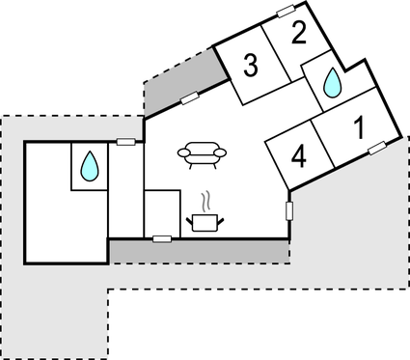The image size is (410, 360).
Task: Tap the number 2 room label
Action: click(x=298, y=34)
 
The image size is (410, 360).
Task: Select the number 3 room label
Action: click(x=251, y=67)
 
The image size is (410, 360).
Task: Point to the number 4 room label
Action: click(x=298, y=157)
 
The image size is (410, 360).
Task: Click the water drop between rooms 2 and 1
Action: click(x=331, y=83)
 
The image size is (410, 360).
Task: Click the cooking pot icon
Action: click(x=205, y=223)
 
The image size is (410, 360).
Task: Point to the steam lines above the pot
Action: click(x=205, y=200)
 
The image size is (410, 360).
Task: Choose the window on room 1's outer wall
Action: click(x=376, y=148)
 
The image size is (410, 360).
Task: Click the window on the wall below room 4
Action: click(x=289, y=209)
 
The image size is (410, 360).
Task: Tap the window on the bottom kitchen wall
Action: click(x=162, y=237)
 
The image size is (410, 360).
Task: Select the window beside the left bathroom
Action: click(x=125, y=142)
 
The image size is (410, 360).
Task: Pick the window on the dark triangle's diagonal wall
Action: click(x=189, y=96)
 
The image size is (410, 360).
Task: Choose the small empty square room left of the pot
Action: click(x=161, y=212)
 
